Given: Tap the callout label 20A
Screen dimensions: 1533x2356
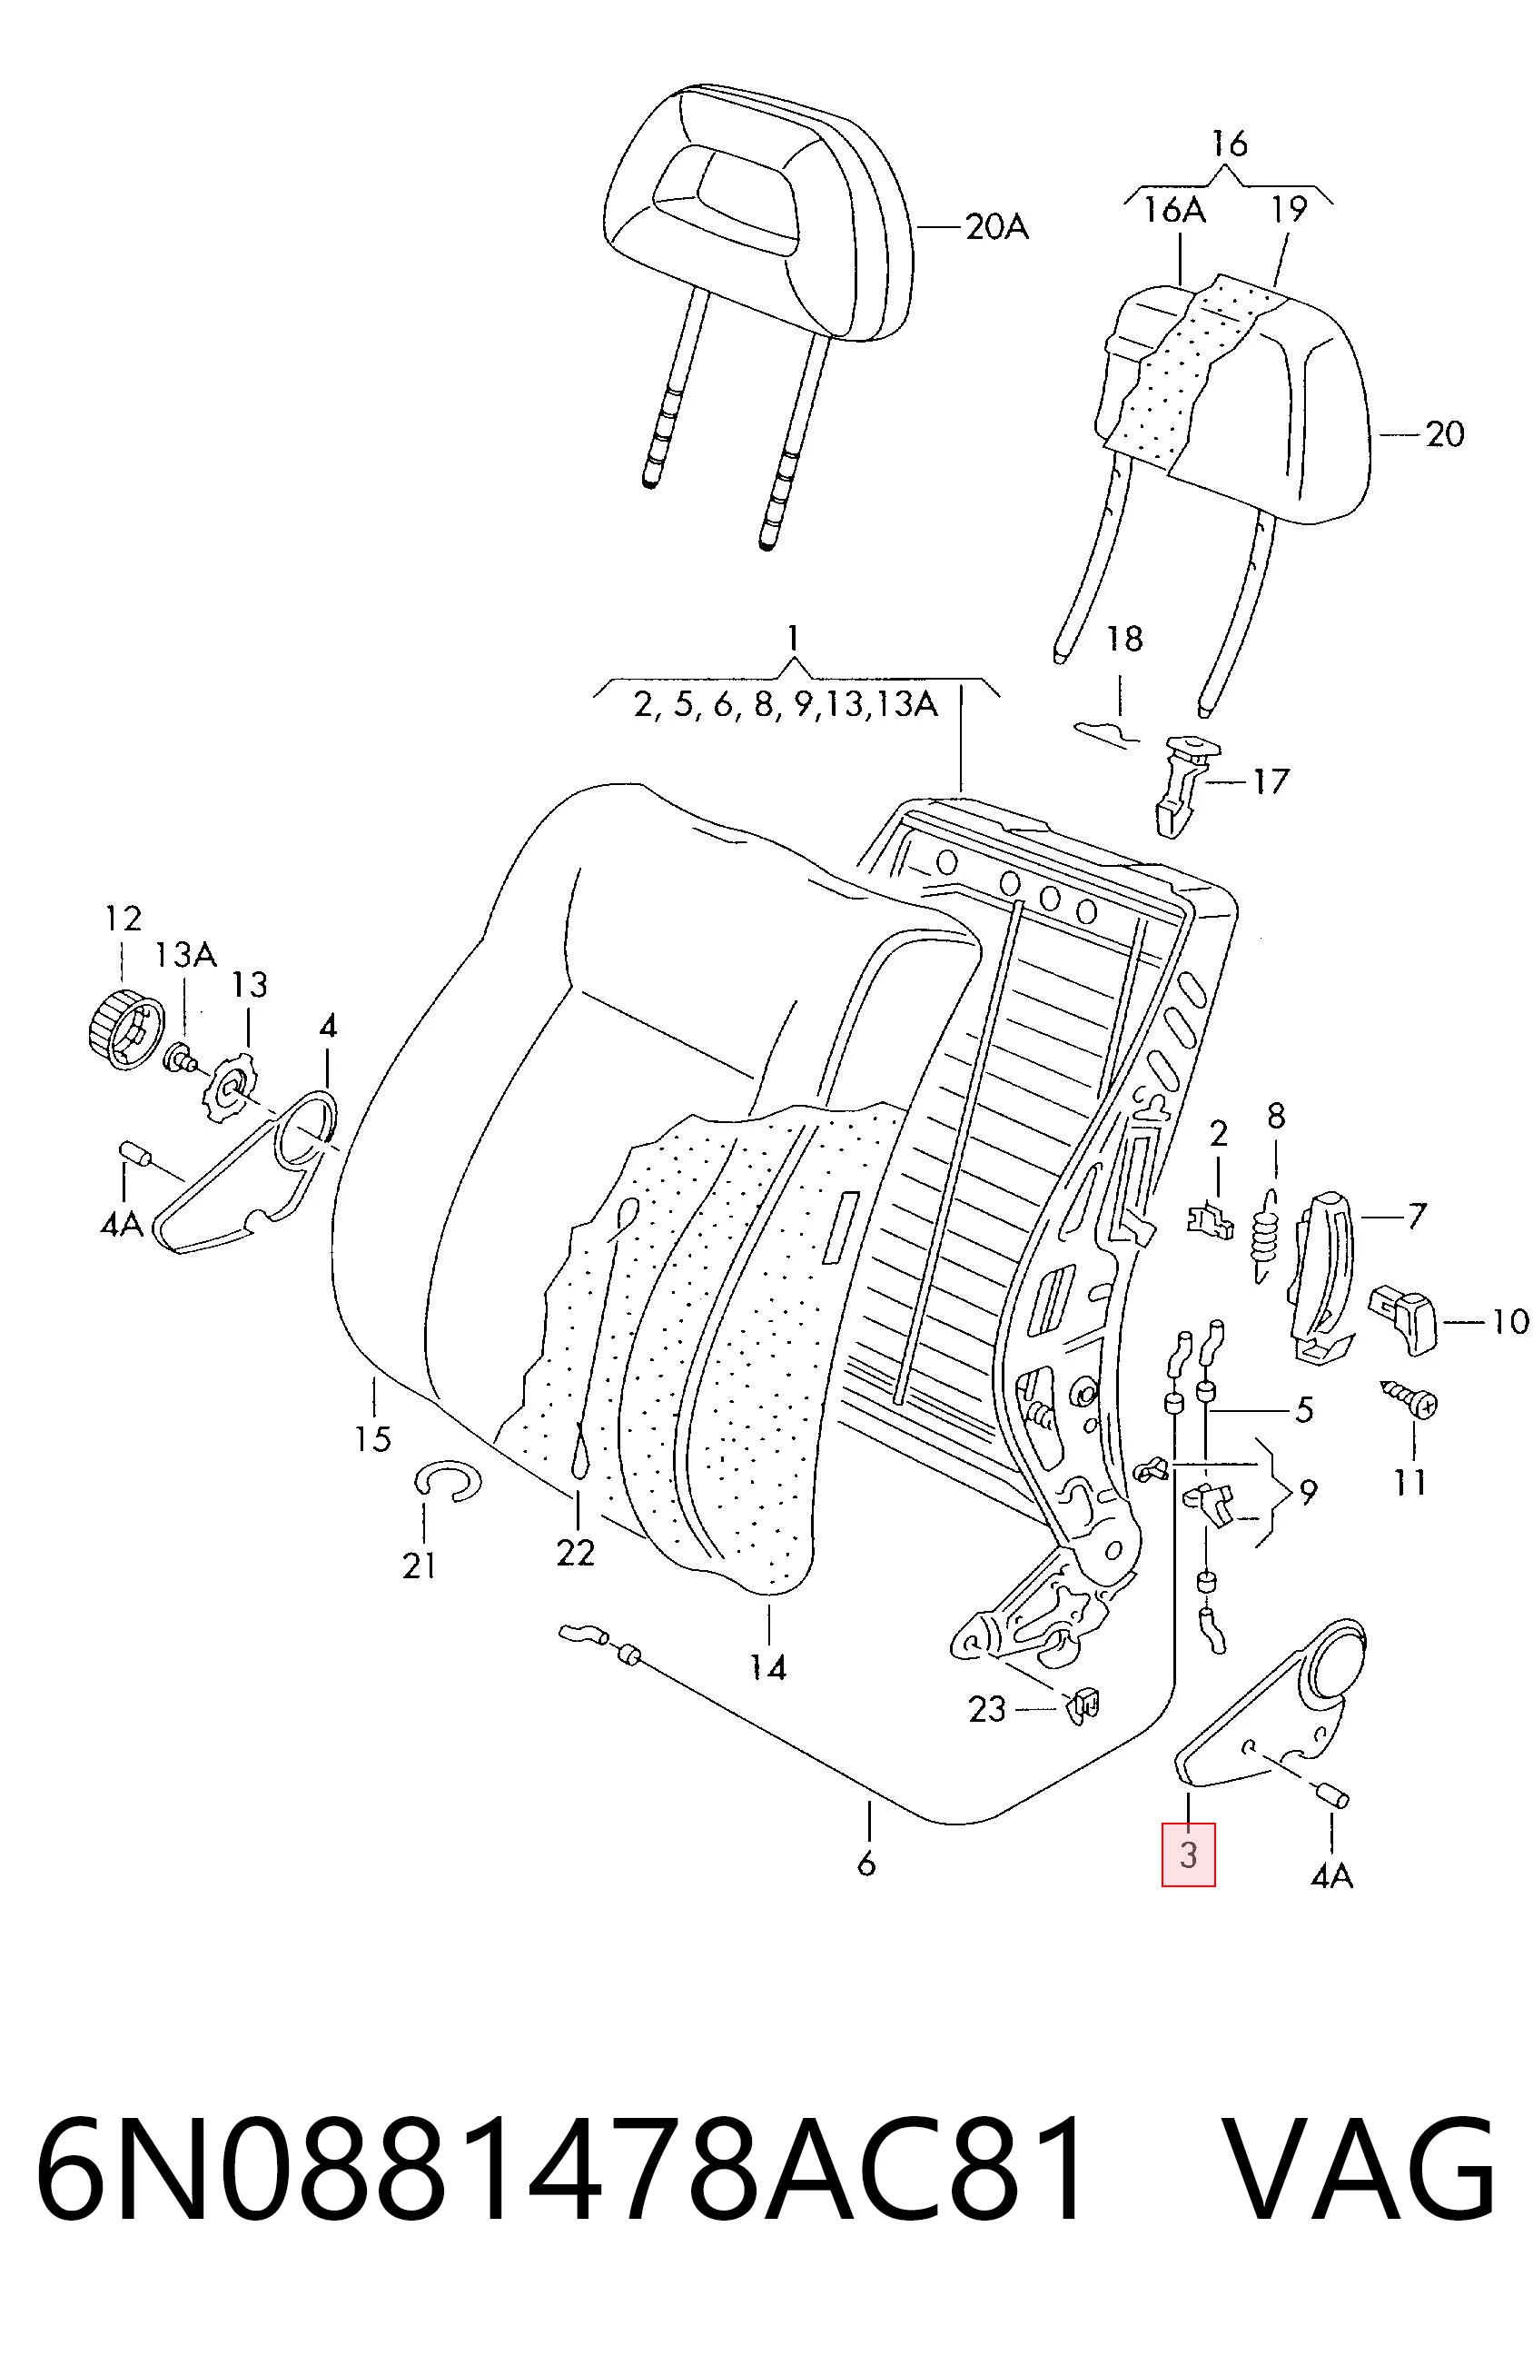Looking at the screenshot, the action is click(x=996, y=229).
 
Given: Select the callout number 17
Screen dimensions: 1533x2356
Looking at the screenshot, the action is click(x=1270, y=782).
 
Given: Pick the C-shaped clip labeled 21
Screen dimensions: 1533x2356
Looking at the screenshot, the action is click(x=445, y=1482).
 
